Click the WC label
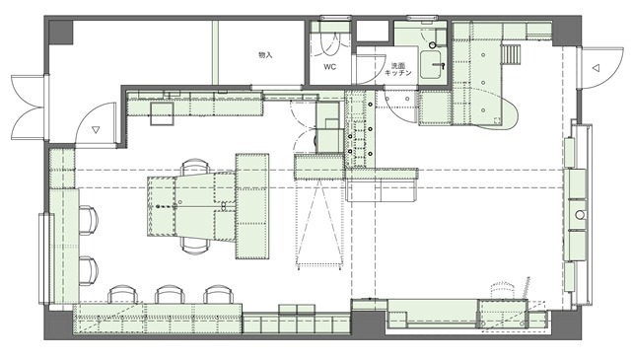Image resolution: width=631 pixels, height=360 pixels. tap(329, 67)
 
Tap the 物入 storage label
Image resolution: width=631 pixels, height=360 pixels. tap(265, 55)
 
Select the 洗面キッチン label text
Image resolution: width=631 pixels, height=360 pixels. tap(398, 69)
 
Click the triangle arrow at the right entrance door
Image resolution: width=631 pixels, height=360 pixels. tap(596, 68)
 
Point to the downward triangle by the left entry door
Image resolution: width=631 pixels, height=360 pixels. tap(96, 129)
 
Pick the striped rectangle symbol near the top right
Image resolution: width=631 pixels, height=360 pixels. tap(511, 54)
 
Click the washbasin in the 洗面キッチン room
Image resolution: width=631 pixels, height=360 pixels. tap(432, 65)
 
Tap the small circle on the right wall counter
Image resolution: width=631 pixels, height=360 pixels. tap(580, 215)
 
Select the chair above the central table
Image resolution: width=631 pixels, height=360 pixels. tap(195, 168)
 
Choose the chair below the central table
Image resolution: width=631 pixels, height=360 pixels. tap(195, 245)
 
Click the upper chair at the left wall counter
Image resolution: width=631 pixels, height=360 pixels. tap(89, 220)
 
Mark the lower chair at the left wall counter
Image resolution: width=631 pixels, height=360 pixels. tap(89, 271)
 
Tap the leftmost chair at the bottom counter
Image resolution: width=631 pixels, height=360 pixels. tap(122, 294)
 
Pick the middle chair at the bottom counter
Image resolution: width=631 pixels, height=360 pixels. tap(170, 294)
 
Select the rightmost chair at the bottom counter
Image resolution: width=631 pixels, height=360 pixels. tap(219, 294)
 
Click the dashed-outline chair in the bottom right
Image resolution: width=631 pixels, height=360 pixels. tap(503, 290)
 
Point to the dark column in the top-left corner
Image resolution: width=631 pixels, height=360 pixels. tap(61, 33)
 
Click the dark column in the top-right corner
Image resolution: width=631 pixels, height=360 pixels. tap(567, 32)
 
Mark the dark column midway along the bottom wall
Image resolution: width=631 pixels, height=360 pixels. tap(368, 324)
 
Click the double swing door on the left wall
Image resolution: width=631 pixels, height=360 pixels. tap(29, 108)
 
